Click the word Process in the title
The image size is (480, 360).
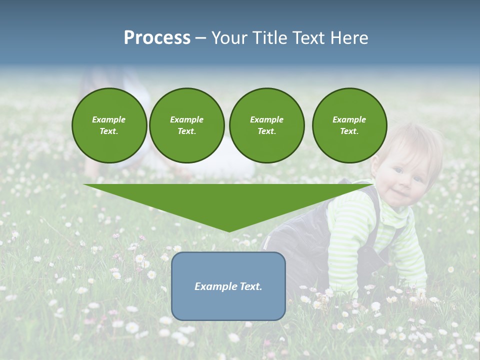(x=157, y=38)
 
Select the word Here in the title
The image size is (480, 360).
(x=349, y=38)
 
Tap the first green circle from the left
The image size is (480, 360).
(x=109, y=125)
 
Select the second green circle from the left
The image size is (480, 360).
(x=186, y=125)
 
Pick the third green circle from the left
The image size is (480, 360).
(x=266, y=125)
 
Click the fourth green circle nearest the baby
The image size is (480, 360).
(x=349, y=125)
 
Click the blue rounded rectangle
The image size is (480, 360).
(x=228, y=286)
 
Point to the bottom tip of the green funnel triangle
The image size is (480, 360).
(x=229, y=231)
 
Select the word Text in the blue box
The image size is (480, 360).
(x=250, y=286)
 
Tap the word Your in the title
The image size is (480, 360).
(x=228, y=38)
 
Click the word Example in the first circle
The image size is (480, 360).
(x=109, y=119)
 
